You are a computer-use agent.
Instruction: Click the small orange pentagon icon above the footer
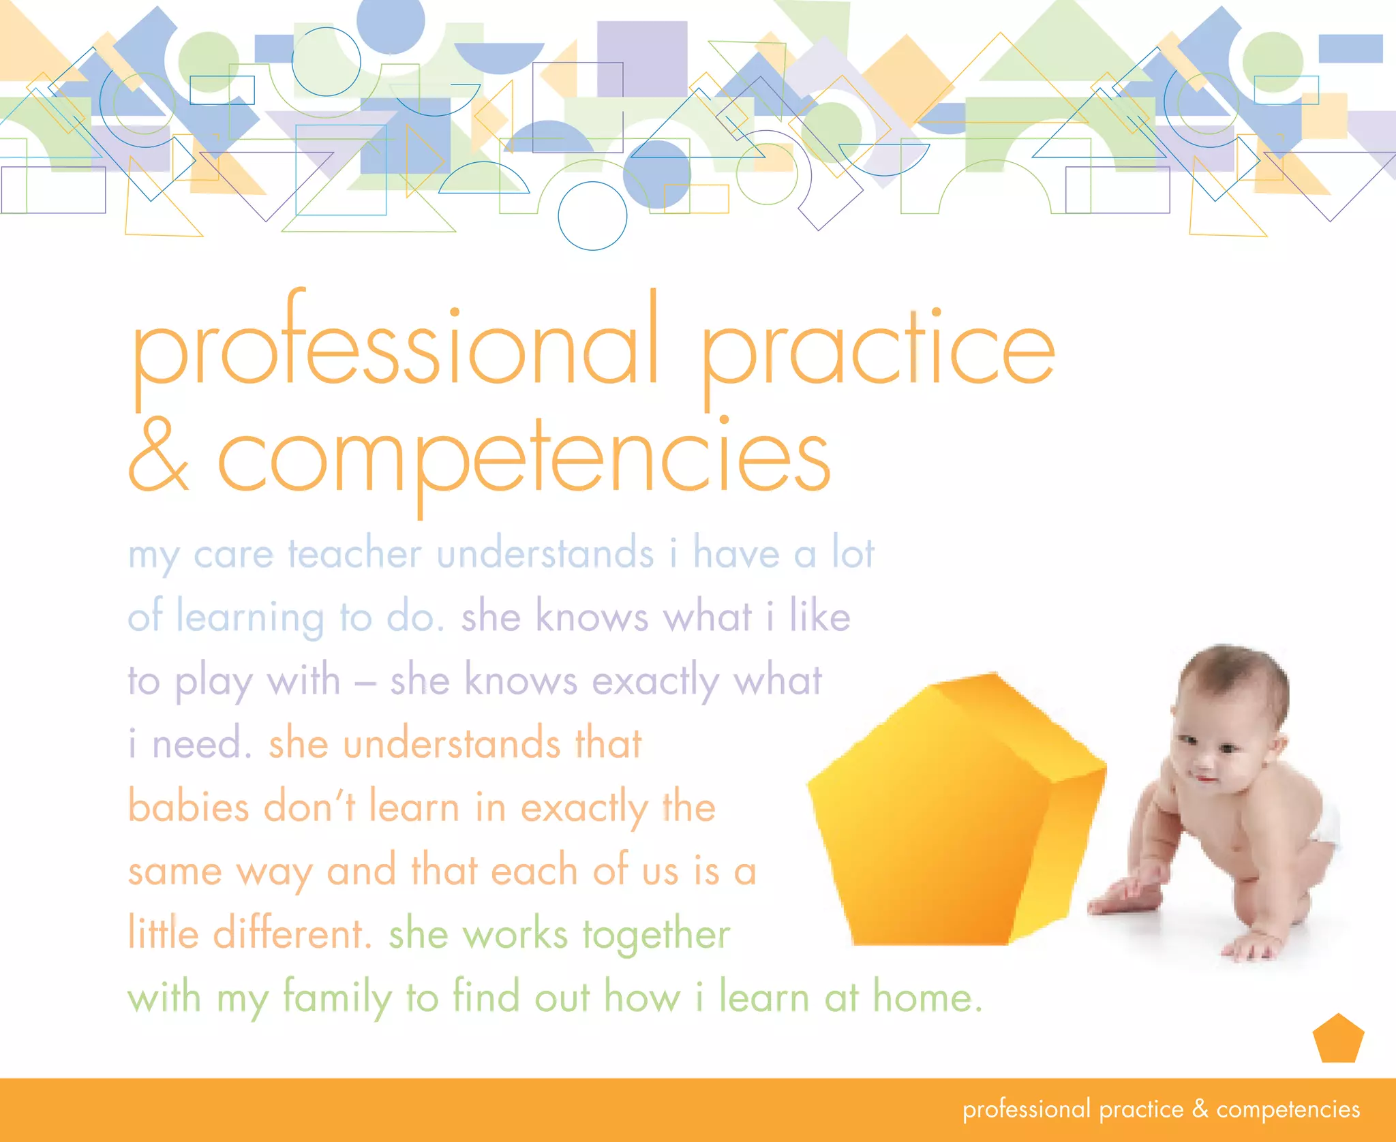coord(1338,1039)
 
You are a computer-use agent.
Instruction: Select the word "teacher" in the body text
coord(354,553)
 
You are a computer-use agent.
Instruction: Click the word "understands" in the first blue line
coord(545,553)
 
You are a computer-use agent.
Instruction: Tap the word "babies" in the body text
coord(189,807)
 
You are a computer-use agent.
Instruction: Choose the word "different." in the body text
coord(292,934)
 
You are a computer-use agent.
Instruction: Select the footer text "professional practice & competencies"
coord(1161,1109)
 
